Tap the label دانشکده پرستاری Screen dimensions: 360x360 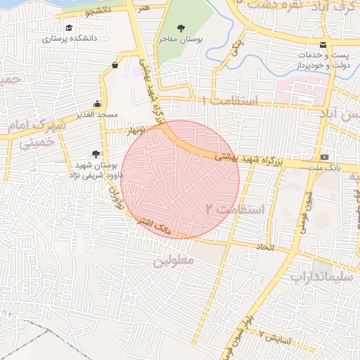67,39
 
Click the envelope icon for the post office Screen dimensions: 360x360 323,46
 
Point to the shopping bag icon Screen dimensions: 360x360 114,66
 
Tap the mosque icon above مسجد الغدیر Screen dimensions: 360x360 98,103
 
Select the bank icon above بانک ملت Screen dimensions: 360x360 324,157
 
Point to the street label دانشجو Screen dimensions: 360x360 98,11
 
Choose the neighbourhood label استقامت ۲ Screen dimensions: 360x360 235,209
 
